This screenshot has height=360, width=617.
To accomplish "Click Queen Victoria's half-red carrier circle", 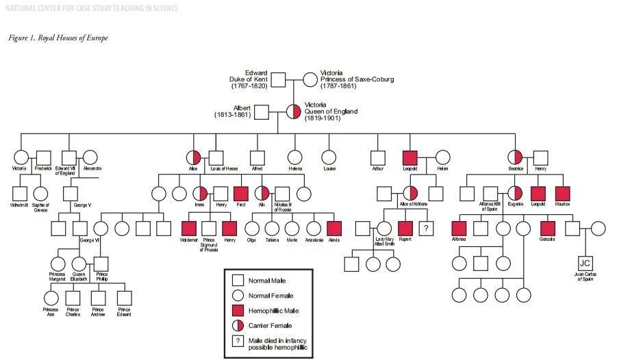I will [x=294, y=112].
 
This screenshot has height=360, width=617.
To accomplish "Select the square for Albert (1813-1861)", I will [x=261, y=112].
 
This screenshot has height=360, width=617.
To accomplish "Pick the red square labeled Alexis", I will [x=333, y=229].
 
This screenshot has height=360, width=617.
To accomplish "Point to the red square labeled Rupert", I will [x=405, y=229].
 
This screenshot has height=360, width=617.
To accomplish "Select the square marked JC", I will [x=584, y=263].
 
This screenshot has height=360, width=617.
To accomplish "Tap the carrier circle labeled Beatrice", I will [x=516, y=158].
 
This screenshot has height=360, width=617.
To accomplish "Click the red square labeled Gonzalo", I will [x=546, y=229].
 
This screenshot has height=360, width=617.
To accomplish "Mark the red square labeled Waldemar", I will [x=189, y=229].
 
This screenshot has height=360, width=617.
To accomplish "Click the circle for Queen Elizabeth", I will [x=79, y=263].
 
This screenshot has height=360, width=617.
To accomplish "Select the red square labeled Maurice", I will [x=562, y=194].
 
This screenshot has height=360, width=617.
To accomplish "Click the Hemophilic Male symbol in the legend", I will [x=238, y=311].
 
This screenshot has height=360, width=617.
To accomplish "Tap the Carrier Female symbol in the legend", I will [x=238, y=326].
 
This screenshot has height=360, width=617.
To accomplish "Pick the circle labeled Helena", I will [x=295, y=158].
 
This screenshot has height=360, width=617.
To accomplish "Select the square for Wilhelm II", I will [x=19, y=194].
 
